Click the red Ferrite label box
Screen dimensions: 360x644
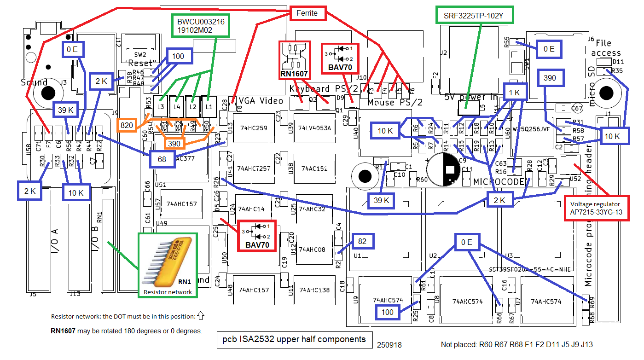(x=307, y=13)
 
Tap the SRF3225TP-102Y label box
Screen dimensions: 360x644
(x=474, y=15)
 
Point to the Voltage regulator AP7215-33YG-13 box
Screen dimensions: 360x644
(x=597, y=208)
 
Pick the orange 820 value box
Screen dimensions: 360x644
(x=127, y=125)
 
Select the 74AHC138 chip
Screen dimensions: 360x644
(x=314, y=290)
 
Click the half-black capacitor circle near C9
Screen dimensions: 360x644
(x=443, y=168)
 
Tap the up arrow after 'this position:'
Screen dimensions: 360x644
(x=200, y=316)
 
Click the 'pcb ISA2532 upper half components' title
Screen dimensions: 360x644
(x=294, y=339)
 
